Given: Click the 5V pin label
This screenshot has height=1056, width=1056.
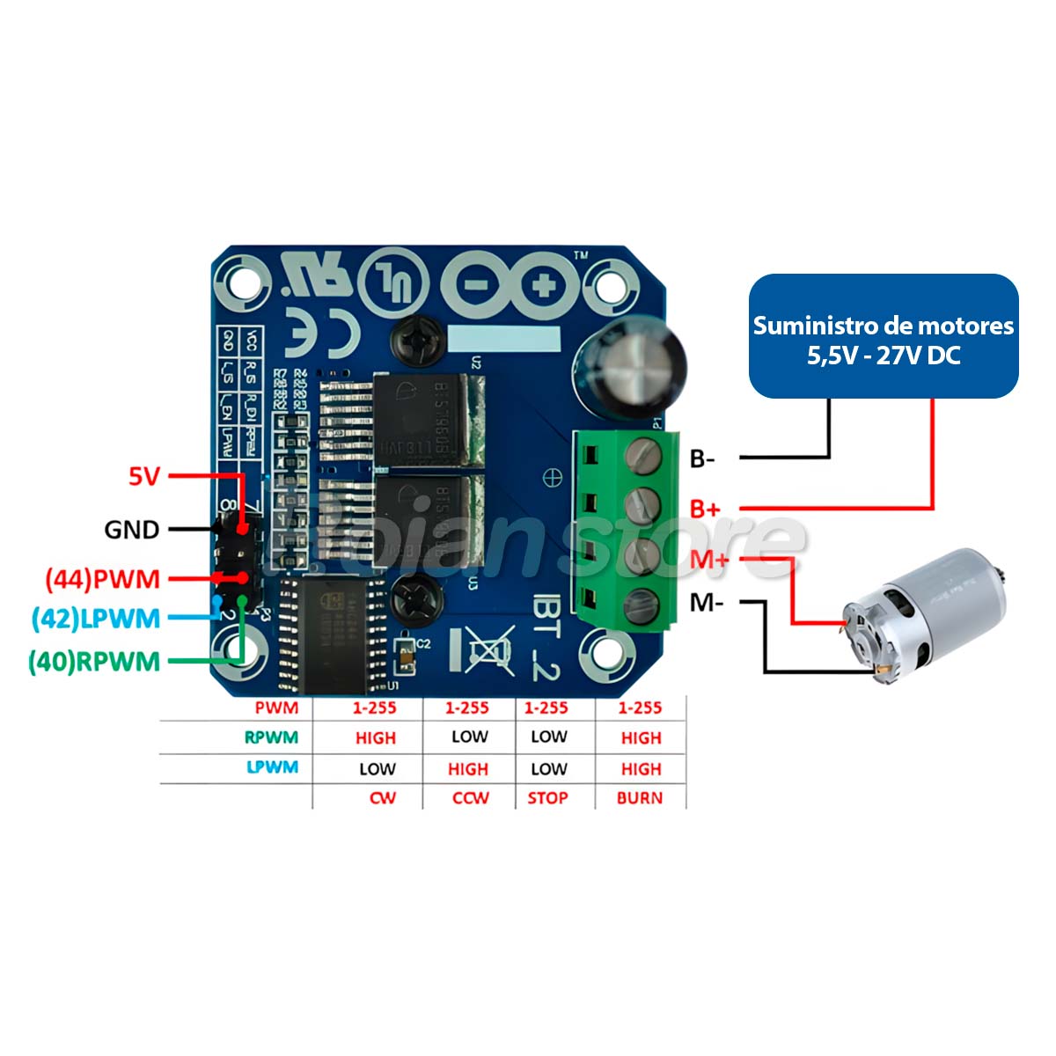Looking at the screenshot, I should click(x=144, y=476).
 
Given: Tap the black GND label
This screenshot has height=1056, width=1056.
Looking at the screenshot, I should click(x=132, y=529).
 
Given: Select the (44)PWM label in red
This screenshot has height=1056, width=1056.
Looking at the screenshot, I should click(x=103, y=579).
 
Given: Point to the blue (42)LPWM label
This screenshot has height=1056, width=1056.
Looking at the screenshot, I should click(x=96, y=619).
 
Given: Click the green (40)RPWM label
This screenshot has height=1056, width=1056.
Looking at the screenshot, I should click(x=94, y=661).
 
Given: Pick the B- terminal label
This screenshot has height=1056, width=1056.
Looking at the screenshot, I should click(x=702, y=458).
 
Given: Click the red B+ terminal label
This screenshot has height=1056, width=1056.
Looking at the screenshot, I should click(x=705, y=509).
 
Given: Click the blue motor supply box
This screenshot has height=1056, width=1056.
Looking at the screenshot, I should click(x=883, y=337).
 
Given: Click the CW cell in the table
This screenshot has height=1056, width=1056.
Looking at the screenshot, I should click(x=382, y=798).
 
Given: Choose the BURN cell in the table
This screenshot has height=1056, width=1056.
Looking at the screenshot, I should click(x=640, y=798).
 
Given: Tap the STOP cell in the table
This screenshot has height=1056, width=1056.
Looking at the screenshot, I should click(x=547, y=798).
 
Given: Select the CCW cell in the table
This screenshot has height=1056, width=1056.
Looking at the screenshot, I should click(x=470, y=798).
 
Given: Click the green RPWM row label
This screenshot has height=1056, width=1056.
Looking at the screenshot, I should click(x=271, y=737).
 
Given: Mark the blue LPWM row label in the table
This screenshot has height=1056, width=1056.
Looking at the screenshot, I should click(x=273, y=767).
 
